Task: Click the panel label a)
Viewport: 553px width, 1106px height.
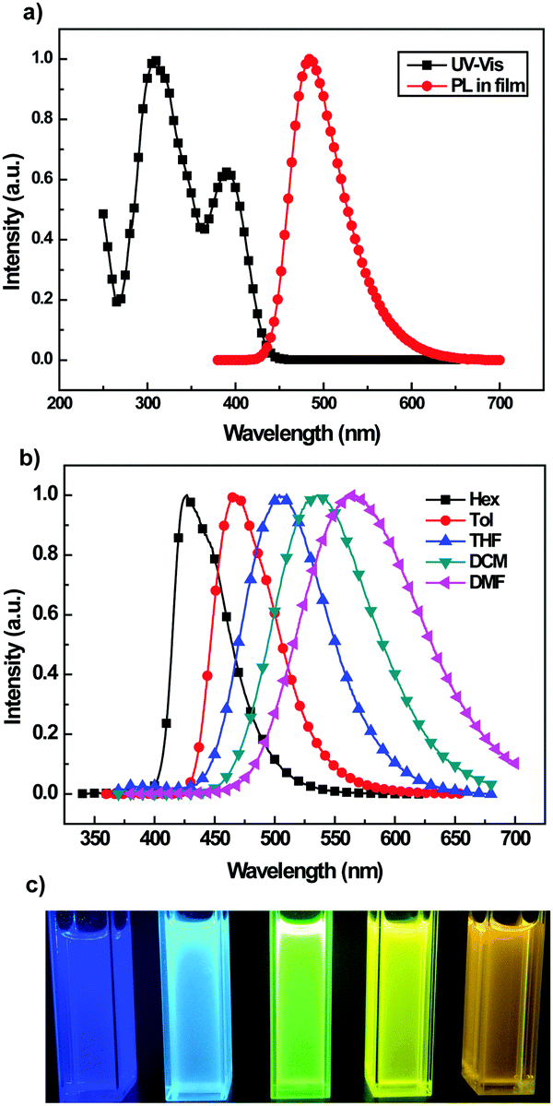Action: coord(14,14)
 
